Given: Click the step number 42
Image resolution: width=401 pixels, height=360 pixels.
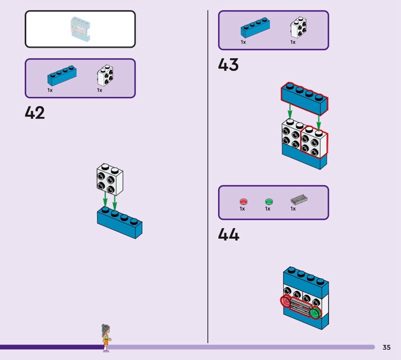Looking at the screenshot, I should pos(35,113).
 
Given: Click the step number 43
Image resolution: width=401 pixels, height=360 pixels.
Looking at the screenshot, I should pos(228,65).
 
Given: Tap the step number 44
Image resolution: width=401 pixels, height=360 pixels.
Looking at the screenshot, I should pos(229,235).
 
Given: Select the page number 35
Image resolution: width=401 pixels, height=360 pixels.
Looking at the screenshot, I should pos(386,347).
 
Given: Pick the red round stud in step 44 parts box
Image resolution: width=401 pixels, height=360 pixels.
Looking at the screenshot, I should pos(244,202).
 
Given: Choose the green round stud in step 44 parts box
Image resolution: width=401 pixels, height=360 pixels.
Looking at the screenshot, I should pos(269,202).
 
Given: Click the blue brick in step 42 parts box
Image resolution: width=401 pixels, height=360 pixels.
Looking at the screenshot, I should pos(62,76).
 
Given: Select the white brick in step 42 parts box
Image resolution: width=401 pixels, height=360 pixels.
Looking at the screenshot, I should pos(104,76).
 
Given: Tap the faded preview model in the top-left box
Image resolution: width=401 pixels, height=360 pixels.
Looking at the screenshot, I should pos(80,30).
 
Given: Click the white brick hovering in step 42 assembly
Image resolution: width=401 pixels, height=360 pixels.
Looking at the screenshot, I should pos(110,178).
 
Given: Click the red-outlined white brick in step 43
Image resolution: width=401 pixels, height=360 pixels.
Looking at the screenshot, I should pos(314,142).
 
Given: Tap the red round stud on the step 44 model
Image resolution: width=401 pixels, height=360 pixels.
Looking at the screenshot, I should pos(286,302).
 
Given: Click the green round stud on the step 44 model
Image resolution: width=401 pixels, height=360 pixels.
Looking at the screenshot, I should pos(315,313).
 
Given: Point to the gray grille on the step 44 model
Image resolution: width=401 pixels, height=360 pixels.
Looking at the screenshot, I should pos(300,307).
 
